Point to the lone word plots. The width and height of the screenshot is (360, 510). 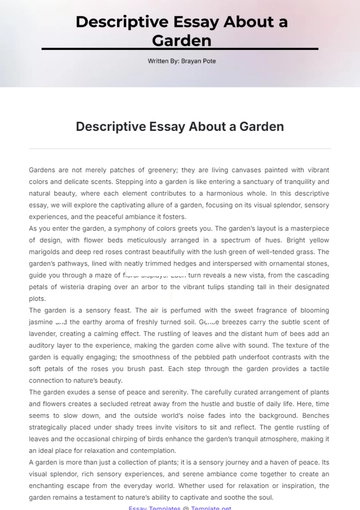coord(38,298)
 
